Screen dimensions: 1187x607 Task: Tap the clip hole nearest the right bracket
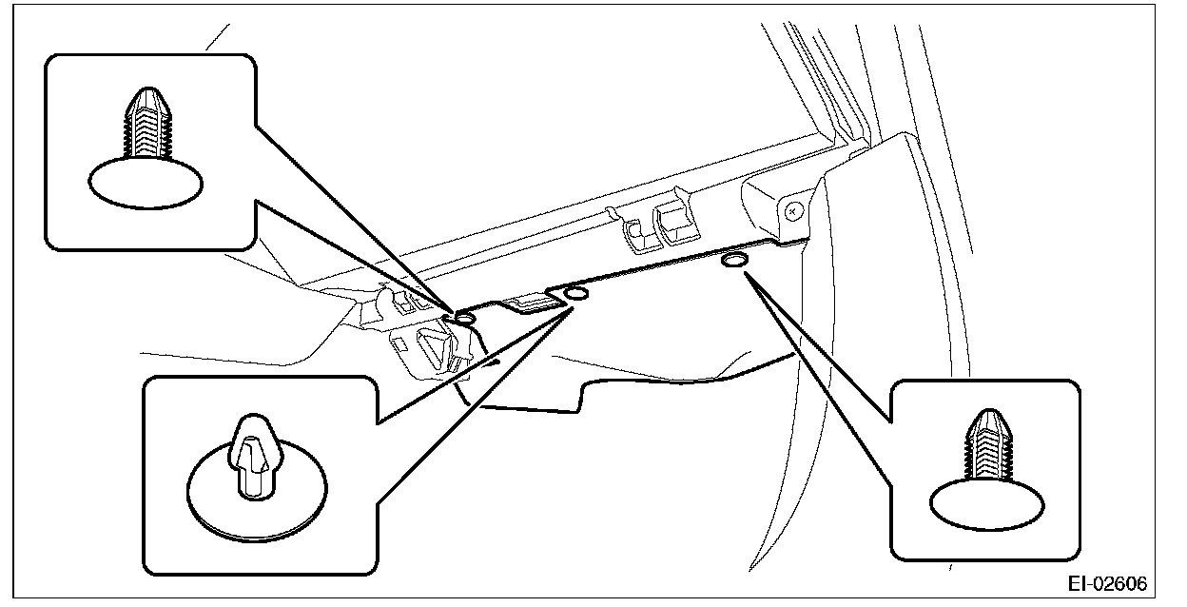(x=734, y=260)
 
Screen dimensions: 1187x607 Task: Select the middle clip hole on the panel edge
(x=576, y=294)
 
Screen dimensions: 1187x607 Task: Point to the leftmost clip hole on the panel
(x=466, y=317)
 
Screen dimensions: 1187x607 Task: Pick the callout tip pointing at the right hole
(x=747, y=274)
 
